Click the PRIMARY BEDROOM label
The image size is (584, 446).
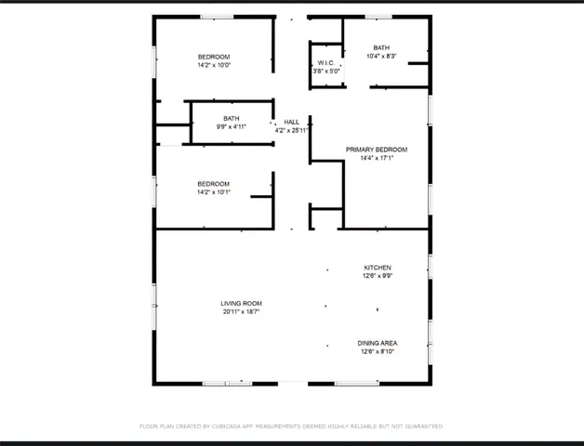[377, 150]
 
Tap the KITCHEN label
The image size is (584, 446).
[378, 268]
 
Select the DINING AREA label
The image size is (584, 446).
[378, 343]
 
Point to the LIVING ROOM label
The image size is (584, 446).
[241, 304]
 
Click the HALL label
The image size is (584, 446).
[291, 122]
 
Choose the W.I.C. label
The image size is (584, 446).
[325, 63]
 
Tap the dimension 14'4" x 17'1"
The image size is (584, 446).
[377, 158]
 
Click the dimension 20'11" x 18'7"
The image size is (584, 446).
[241, 312]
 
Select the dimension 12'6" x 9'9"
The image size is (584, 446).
[378, 276]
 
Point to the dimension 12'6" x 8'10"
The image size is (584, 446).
[378, 351]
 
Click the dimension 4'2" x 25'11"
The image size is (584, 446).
[291, 130]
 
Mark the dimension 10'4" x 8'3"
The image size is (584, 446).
[381, 56]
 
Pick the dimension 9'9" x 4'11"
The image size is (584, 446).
[231, 126]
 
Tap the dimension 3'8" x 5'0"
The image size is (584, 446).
[325, 72]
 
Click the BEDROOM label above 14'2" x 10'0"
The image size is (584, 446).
[213, 57]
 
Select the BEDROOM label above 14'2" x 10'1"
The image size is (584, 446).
[213, 184]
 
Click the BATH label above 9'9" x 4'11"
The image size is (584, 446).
[231, 118]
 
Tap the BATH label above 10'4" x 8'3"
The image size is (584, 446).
[381, 47]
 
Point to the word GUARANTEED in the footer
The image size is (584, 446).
[422, 426]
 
